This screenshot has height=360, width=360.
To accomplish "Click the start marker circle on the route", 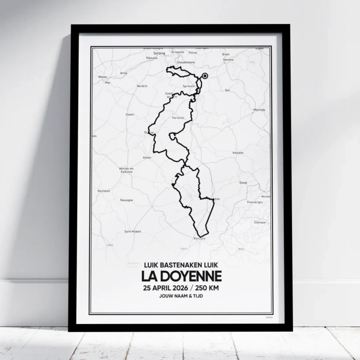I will (x=205, y=76).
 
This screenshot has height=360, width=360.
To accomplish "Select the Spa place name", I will (x=227, y=90).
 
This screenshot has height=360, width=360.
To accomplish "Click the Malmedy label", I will (x=259, y=110).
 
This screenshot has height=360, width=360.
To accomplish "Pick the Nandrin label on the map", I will (x=142, y=86).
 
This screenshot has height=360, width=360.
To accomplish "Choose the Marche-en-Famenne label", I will (x=127, y=170).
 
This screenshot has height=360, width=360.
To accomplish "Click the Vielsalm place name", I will (x=238, y=153).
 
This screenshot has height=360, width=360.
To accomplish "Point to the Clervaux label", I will (x=260, y=222).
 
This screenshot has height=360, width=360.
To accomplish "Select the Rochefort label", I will (x=104, y=191).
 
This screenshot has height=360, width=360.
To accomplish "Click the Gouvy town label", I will (x=243, y=182).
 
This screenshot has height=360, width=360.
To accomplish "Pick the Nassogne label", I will (x=127, y=200).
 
